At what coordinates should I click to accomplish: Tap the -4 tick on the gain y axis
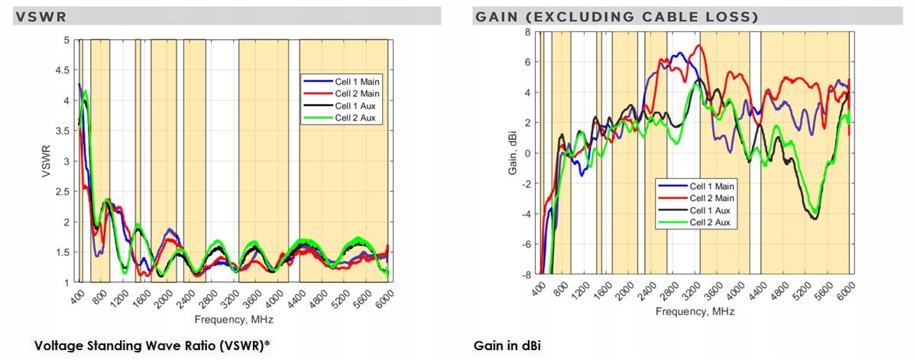click(527, 214)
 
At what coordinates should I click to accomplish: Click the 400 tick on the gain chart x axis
click(537, 290)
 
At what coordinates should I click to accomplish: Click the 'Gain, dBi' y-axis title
click(514, 153)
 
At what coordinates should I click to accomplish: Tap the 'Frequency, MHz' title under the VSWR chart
click(232, 319)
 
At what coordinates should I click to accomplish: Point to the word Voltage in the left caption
click(57, 346)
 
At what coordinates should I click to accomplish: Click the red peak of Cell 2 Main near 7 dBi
click(698, 46)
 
